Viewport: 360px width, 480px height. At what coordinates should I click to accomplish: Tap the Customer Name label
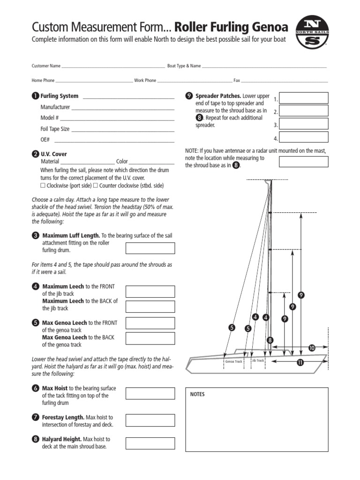46,66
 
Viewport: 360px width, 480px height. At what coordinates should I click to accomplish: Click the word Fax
237,81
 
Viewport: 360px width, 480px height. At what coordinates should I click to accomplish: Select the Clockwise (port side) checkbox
43,186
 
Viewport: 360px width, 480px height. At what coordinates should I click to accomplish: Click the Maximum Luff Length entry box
150,248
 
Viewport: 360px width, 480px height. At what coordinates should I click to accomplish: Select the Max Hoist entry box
150,394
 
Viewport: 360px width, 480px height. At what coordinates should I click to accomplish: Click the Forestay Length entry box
150,420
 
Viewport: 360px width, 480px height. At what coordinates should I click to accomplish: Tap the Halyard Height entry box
150,443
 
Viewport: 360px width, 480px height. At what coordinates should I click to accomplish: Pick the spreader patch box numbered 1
304,98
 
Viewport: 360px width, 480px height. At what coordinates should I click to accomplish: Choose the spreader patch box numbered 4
304,137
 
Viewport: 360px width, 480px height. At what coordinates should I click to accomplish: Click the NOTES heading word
197,395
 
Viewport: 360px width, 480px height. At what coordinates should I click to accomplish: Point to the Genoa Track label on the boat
233,362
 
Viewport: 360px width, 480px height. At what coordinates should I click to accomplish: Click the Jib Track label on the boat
258,360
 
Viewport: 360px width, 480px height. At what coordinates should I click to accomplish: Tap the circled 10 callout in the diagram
312,348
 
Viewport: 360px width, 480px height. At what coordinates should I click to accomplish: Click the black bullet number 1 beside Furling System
35,96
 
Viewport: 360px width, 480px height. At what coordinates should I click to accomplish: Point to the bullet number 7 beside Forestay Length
36,417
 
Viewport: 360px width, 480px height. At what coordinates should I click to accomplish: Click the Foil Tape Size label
55,129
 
